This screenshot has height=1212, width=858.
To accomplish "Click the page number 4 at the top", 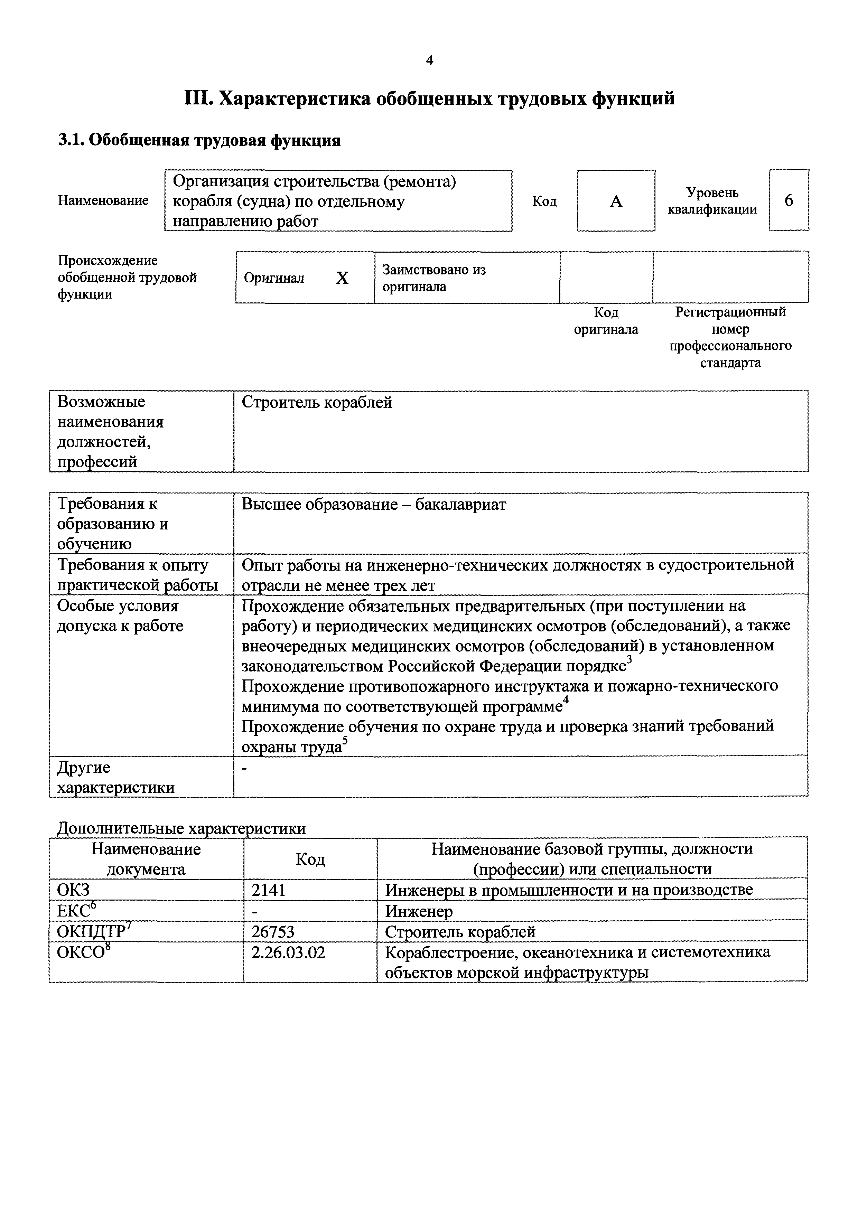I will [429, 61].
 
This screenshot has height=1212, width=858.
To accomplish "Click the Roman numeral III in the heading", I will [198, 99].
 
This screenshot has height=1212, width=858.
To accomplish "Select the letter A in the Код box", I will [616, 201].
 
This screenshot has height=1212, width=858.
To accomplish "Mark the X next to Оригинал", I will [342, 278].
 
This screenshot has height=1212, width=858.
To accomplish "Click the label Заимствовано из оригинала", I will [434, 278].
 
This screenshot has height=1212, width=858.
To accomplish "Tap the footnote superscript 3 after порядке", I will [629, 660].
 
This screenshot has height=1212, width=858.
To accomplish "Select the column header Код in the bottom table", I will [310, 859].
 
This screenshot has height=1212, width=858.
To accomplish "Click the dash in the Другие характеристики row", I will [244, 768].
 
